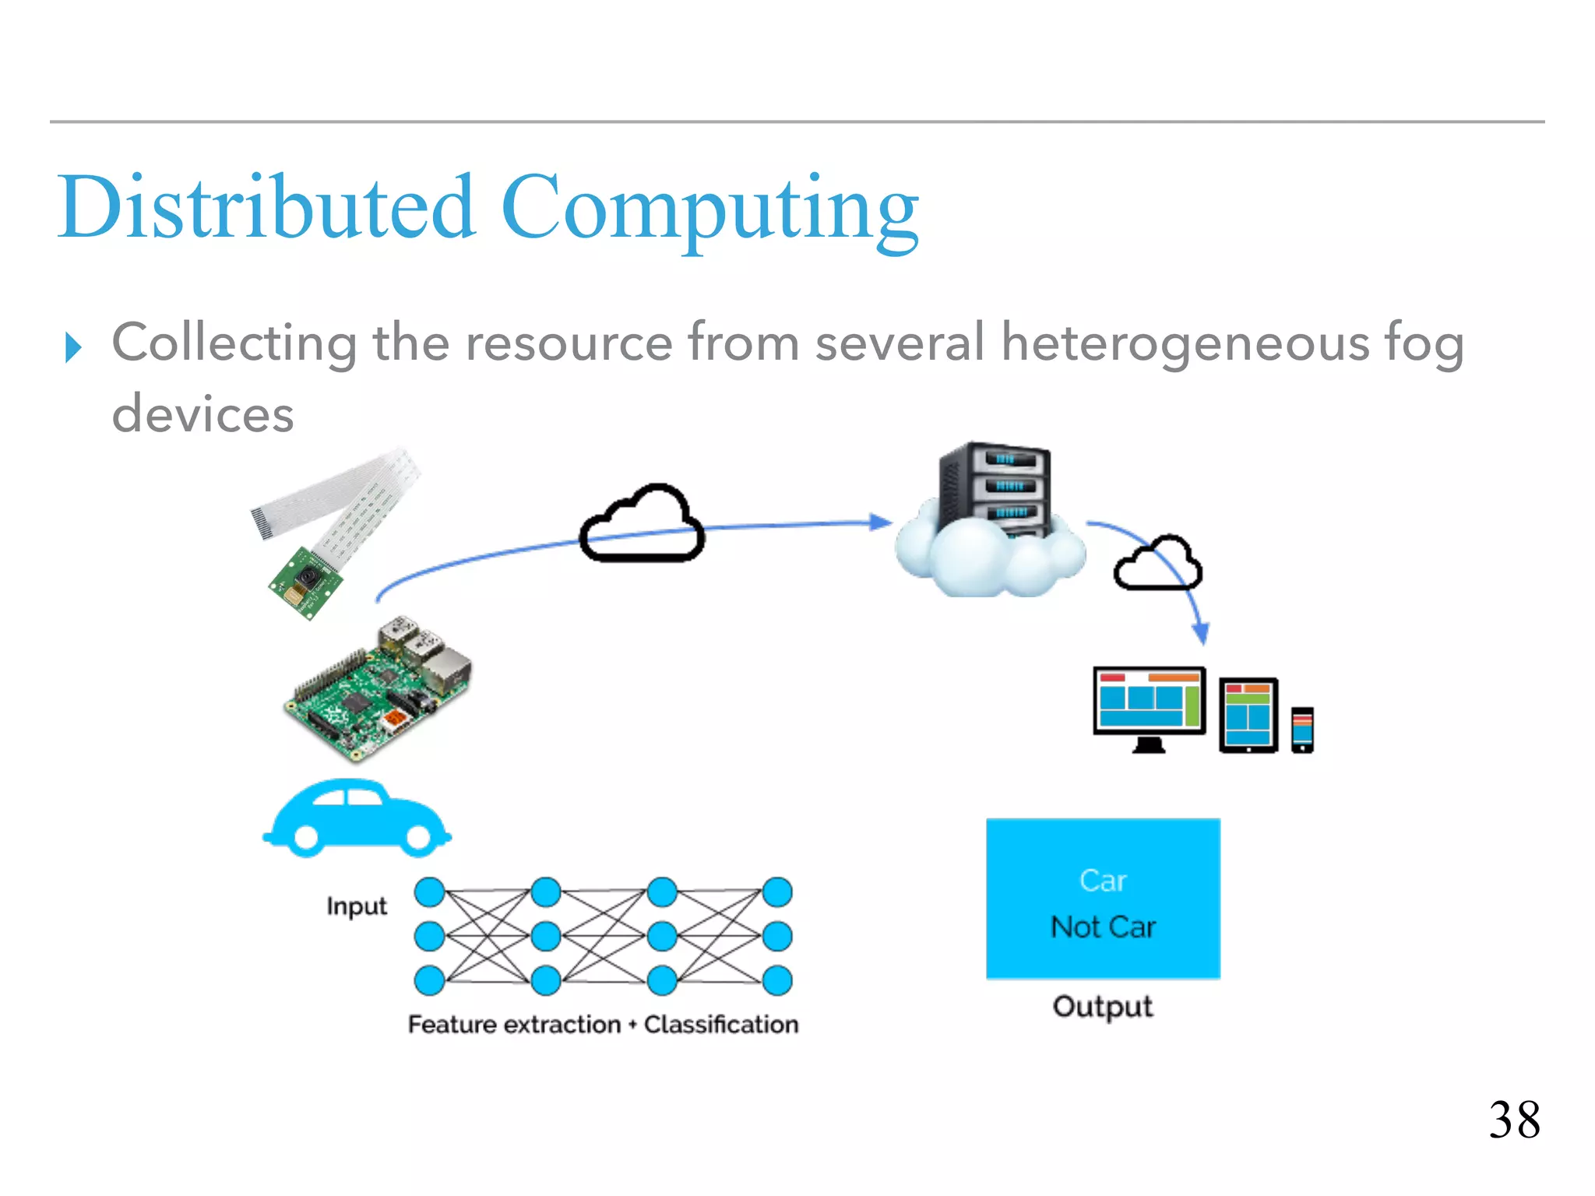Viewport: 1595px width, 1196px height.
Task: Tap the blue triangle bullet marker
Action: coord(73,347)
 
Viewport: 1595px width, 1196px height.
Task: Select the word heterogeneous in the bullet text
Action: coord(1185,343)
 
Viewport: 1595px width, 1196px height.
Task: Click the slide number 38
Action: coord(1514,1120)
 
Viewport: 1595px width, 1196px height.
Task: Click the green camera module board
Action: coord(306,582)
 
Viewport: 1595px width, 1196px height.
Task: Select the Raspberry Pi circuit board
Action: coord(377,689)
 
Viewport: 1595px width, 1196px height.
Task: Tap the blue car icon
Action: coord(356,819)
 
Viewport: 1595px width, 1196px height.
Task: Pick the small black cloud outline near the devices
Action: coord(1157,564)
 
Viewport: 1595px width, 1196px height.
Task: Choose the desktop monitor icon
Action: coord(1149,706)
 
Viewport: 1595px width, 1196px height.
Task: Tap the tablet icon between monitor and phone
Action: coord(1248,715)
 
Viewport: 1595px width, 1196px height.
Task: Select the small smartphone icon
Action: coord(1302,730)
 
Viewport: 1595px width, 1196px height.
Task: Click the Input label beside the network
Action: coord(356,906)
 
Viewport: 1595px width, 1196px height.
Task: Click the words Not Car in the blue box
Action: coord(1102,927)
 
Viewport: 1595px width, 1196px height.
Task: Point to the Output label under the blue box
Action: coord(1102,1006)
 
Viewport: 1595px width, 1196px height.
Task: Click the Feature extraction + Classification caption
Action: coord(603,1024)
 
